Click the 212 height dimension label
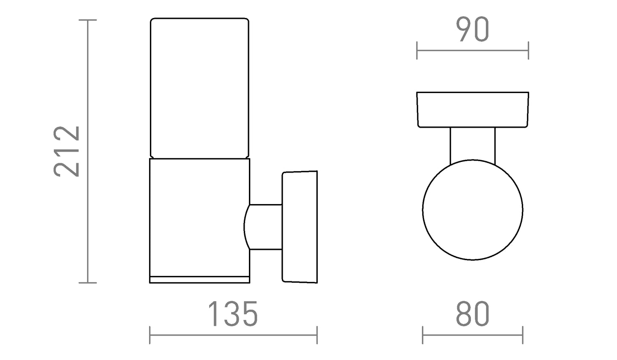[x=67, y=151]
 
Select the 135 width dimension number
[x=233, y=314]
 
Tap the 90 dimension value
[x=473, y=29]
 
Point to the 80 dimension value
[x=473, y=314]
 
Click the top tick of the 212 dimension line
[x=88, y=20]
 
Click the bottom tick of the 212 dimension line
[x=88, y=283]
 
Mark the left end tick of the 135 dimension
[x=149, y=335]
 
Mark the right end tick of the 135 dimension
[x=317, y=335]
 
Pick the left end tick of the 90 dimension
[x=417, y=50]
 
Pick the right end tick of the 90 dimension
[x=528, y=50]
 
